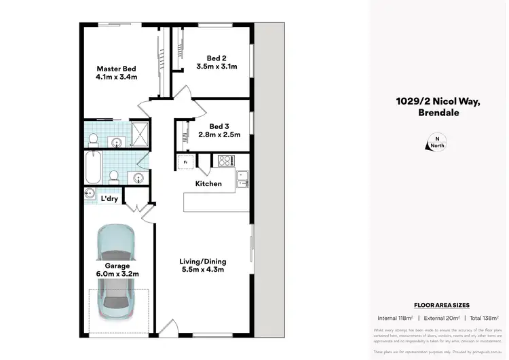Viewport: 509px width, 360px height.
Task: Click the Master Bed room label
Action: click(117, 69)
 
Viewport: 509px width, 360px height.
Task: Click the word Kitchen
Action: click(208, 183)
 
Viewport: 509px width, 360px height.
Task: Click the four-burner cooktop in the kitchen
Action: click(225, 161)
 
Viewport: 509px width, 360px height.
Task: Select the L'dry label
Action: click(109, 198)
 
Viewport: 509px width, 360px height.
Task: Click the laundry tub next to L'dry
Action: click(90, 194)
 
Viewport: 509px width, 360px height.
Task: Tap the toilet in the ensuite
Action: click(94, 141)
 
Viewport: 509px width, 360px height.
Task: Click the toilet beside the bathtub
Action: click(114, 177)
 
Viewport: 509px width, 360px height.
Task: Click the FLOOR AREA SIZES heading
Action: click(441, 306)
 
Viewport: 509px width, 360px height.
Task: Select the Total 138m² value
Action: click(483, 318)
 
